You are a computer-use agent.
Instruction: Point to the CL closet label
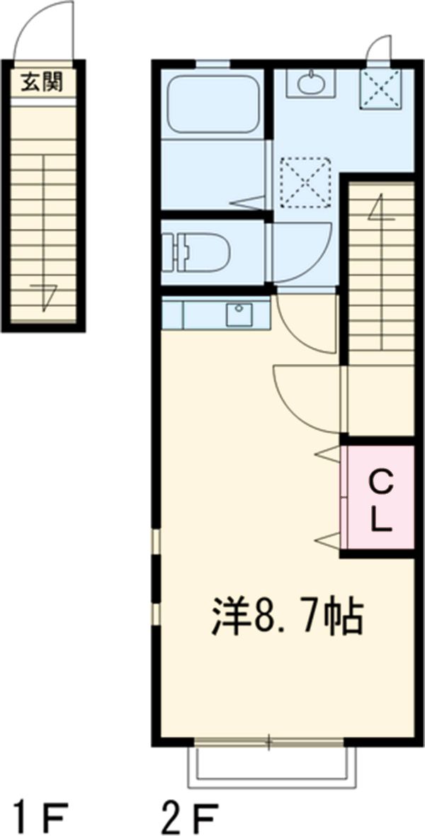[x=381, y=501]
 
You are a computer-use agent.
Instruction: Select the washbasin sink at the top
[x=308, y=84]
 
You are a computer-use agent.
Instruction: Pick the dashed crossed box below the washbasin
[x=305, y=182]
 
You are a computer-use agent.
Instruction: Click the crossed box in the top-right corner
[x=382, y=89]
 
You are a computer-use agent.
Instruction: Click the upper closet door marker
[x=328, y=454]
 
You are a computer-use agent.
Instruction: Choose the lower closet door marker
[x=328, y=541]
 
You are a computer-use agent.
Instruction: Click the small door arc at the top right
[x=378, y=48]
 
